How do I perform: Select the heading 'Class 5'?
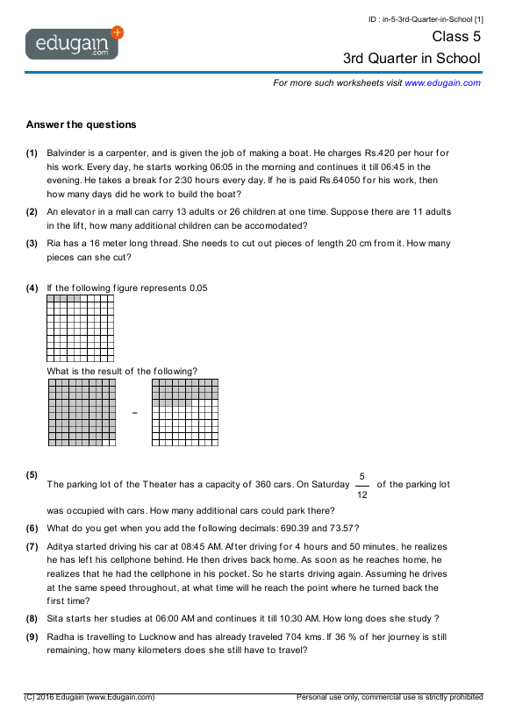[x=456, y=37]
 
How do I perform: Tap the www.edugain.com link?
[x=442, y=82]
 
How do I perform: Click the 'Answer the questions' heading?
[x=81, y=124]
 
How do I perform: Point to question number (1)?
[x=32, y=153]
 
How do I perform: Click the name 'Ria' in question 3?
[x=54, y=244]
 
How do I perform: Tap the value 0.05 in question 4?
[x=197, y=288]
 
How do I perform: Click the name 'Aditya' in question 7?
[x=61, y=545]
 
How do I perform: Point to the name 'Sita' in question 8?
[x=55, y=617]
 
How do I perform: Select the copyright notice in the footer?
[x=90, y=697]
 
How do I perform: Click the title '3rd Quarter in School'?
[x=411, y=59]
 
